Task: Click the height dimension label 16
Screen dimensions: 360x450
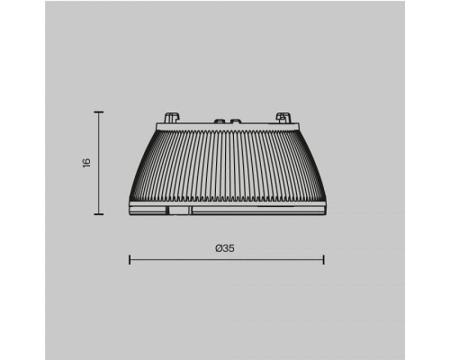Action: click(x=86, y=163)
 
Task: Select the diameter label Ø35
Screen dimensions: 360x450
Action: click(x=226, y=249)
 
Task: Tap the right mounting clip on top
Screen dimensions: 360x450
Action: click(x=283, y=117)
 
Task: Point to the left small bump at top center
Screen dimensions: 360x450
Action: click(x=218, y=119)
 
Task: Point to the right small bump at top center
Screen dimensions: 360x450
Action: click(x=234, y=119)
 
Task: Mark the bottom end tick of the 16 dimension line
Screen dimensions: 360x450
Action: click(x=99, y=215)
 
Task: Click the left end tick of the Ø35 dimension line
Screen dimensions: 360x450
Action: click(x=130, y=261)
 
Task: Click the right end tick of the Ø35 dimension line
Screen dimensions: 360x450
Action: click(x=324, y=261)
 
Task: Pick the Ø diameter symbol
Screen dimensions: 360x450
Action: click(x=218, y=249)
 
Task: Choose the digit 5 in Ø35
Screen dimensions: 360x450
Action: click(x=232, y=249)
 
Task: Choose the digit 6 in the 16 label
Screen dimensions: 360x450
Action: click(x=86, y=160)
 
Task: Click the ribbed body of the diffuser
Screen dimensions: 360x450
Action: click(x=227, y=166)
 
